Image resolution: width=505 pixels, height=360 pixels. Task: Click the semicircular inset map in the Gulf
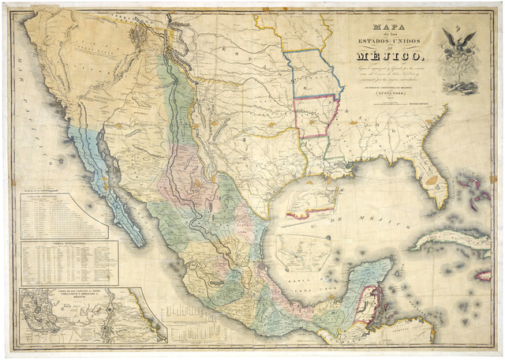tap(302, 251)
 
